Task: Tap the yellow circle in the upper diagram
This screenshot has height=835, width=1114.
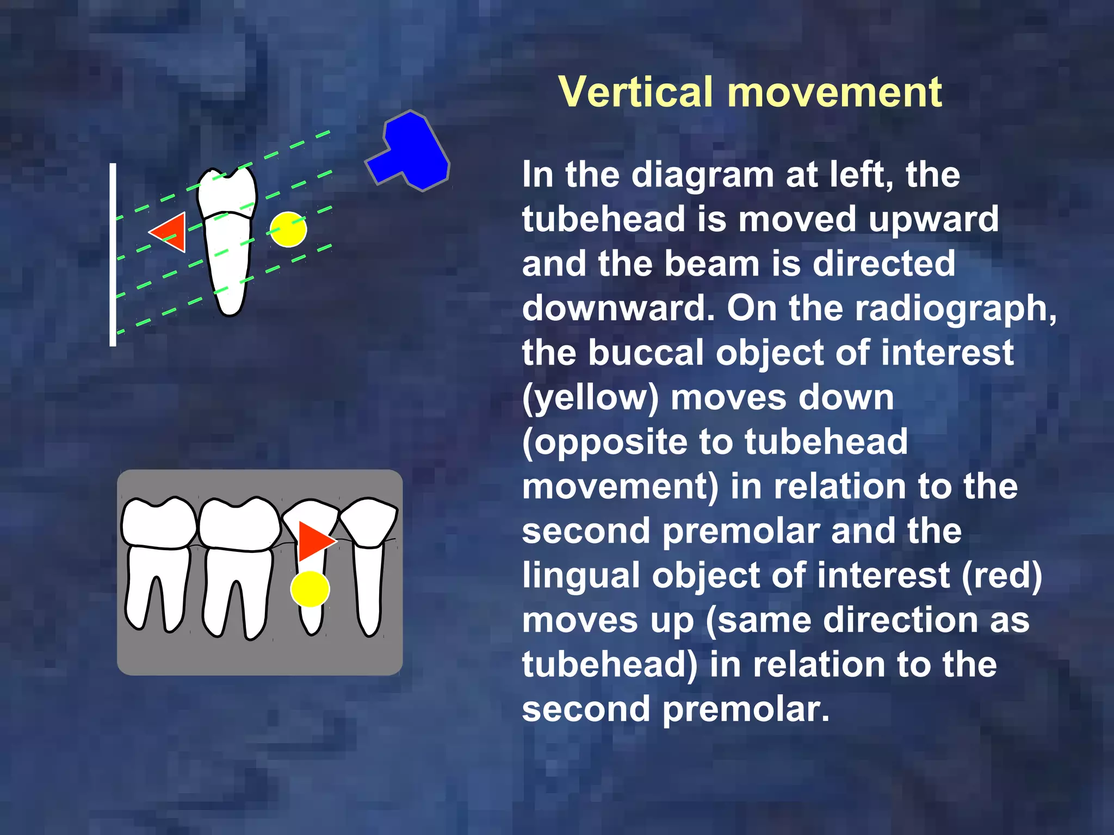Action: pyautogui.click(x=288, y=229)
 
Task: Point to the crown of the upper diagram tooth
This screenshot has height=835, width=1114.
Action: pyautogui.click(x=226, y=193)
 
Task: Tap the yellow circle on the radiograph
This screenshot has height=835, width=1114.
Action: pyautogui.click(x=310, y=589)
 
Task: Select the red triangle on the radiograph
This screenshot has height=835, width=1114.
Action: pyautogui.click(x=312, y=541)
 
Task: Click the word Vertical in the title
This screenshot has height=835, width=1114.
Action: pyautogui.click(x=635, y=92)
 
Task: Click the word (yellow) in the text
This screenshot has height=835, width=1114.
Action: pyautogui.click(x=590, y=397)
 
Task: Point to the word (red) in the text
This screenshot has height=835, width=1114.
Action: pyautogui.click(x=1001, y=575)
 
